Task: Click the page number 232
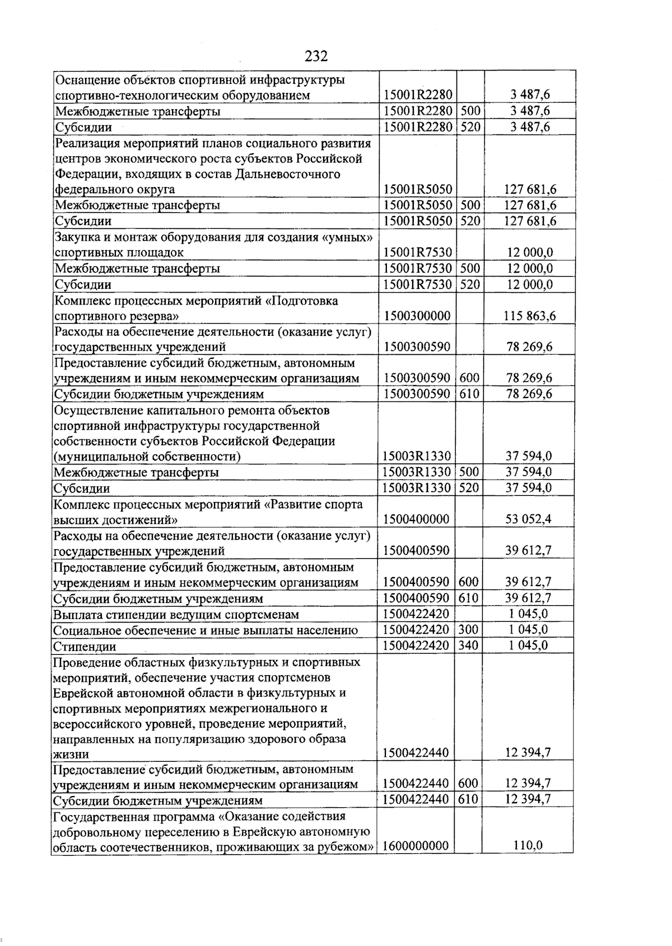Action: (316, 56)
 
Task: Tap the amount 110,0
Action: (528, 845)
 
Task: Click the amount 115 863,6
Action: (530, 316)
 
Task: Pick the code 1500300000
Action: (417, 316)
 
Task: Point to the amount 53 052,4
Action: (528, 519)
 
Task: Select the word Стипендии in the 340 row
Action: (85, 647)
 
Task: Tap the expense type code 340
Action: (468, 645)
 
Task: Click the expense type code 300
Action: (468, 630)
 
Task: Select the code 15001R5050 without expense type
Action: (417, 189)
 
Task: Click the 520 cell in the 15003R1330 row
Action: (469, 488)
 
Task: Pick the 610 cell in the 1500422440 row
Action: (468, 799)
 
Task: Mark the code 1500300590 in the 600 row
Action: (417, 378)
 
